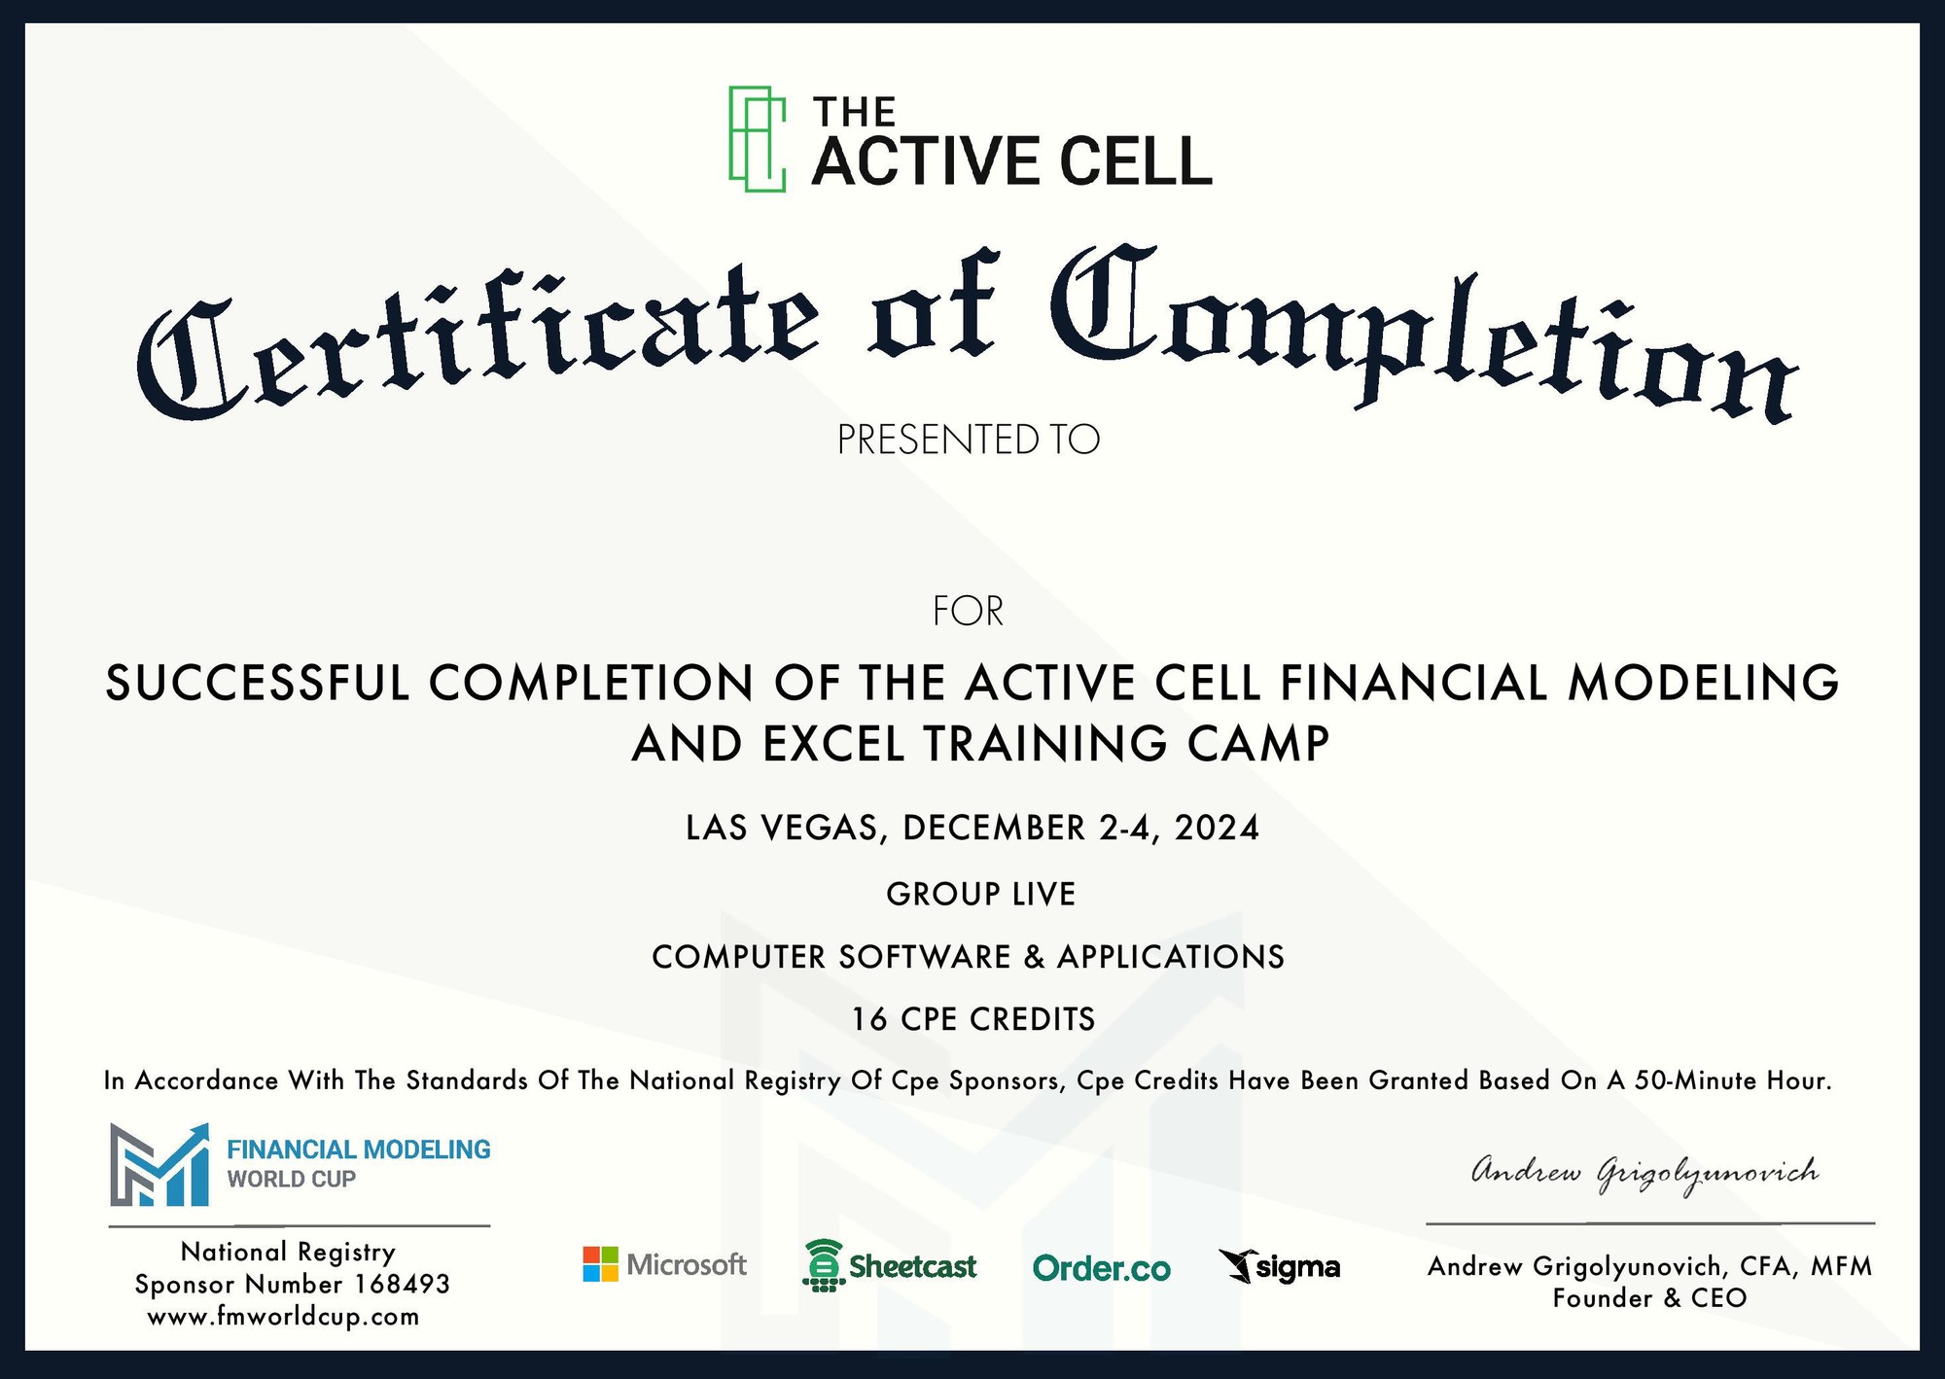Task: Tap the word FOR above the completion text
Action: pos(968,611)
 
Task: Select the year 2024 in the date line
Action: pos(1217,828)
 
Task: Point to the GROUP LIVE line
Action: pos(980,894)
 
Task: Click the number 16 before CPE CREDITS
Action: pos(869,1019)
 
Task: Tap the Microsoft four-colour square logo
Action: pos(600,1264)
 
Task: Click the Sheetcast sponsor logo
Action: pos(890,1265)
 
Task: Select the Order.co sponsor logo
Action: pos(1101,1268)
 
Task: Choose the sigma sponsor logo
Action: pos(1279,1266)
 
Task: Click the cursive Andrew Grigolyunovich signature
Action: pos(1644,1174)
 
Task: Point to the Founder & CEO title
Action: pos(1649,1298)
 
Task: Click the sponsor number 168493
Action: pos(402,1285)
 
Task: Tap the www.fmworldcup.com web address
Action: pos(283,1317)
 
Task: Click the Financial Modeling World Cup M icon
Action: pos(159,1165)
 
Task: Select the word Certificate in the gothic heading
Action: pos(477,336)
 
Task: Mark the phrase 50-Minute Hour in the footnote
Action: pos(1733,1080)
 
